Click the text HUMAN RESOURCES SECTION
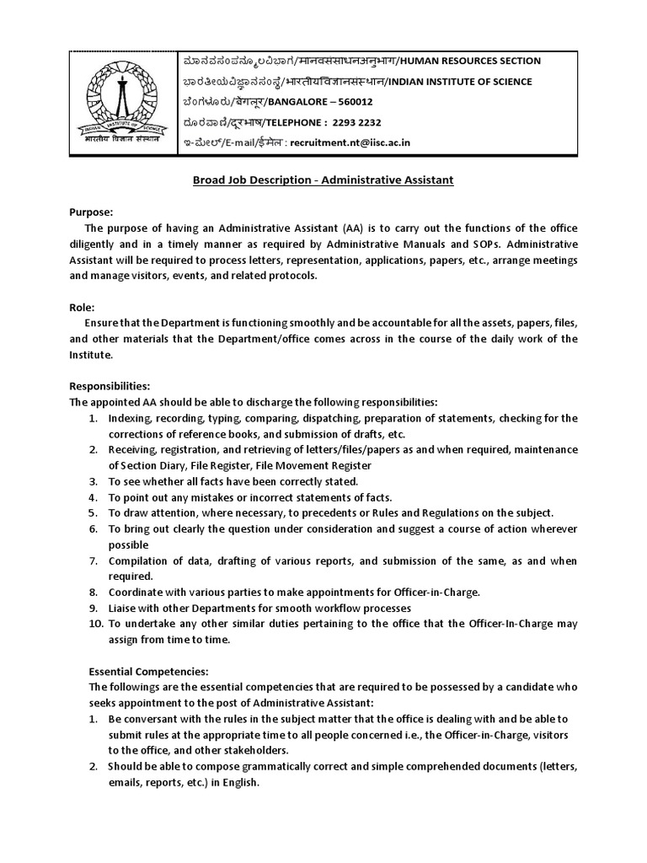pos(470,62)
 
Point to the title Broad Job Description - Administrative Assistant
pos(323,181)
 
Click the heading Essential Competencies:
pos(149,672)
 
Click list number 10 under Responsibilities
pos(95,624)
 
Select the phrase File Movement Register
pos(322,465)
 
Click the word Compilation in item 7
pos(138,560)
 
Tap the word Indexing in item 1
pos(130,418)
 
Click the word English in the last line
pos(240,781)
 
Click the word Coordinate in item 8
pos(136,592)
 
